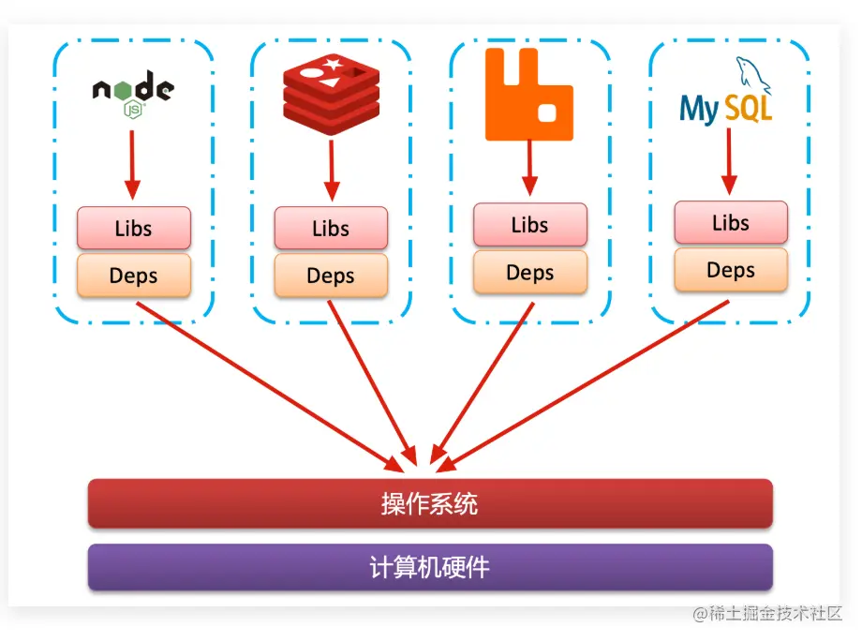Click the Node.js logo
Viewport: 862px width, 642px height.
133,95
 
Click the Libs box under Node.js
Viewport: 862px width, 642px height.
133,228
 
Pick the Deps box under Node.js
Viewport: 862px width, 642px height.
133,276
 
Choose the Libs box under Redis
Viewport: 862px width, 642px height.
331,228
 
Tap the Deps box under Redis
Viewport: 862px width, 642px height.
331,276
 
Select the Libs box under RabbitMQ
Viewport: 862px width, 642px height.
530,225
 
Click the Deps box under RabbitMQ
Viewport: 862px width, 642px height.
530,273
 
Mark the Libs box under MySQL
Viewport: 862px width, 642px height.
731,222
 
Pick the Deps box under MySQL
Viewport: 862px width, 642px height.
731,270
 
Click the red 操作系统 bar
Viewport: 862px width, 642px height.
430,503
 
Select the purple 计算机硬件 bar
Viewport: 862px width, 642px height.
430,567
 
